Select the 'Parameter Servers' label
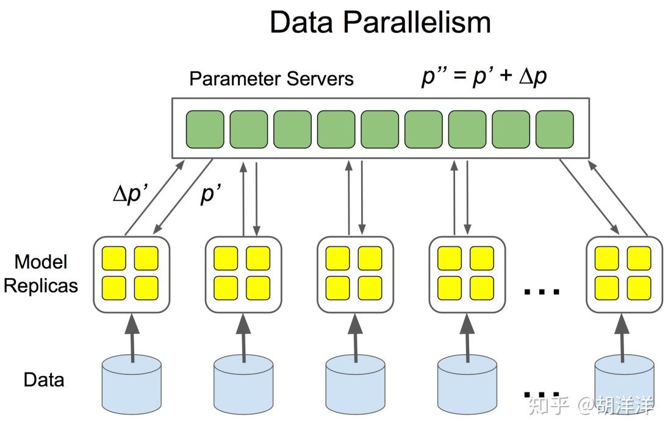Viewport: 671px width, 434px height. point(271,79)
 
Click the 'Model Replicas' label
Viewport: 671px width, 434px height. point(41,274)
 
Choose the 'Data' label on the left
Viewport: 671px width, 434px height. point(44,380)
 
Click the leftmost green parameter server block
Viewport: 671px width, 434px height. point(205,129)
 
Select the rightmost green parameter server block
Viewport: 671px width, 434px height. point(554,129)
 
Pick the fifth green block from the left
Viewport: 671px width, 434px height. point(380,129)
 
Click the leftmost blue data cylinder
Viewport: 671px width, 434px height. point(132,384)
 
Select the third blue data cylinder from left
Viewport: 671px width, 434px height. point(356,384)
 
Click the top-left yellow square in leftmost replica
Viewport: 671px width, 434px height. point(114,258)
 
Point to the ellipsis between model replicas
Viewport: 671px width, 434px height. point(542,291)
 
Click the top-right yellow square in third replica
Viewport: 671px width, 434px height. point(370,258)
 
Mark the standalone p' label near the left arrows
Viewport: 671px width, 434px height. point(211,195)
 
